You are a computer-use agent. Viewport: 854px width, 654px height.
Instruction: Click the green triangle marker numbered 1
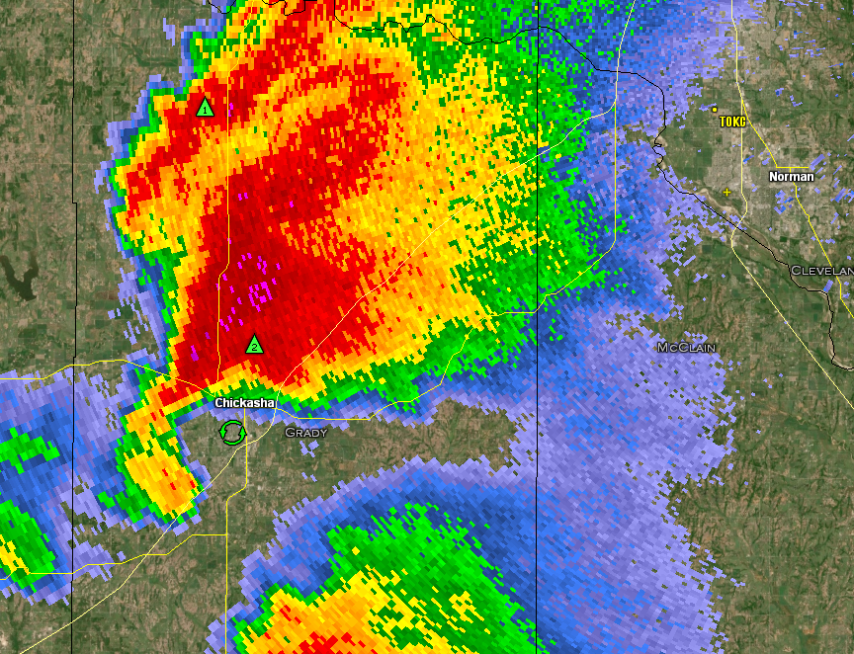pyautogui.click(x=205, y=108)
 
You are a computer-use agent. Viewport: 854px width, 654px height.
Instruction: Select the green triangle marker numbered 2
pyautogui.click(x=254, y=345)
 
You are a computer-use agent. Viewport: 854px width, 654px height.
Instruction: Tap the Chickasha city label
pyautogui.click(x=244, y=403)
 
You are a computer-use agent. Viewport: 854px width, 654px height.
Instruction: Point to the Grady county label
pyautogui.click(x=305, y=433)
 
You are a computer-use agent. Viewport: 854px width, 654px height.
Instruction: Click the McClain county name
pyautogui.click(x=687, y=348)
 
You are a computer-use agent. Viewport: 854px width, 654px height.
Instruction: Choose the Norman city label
pyautogui.click(x=792, y=177)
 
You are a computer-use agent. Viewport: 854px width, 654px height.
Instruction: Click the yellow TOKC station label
pyautogui.click(x=732, y=122)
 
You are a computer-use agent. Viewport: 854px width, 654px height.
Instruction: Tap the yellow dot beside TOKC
pyautogui.click(x=715, y=110)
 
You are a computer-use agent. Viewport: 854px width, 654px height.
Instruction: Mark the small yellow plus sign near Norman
pyautogui.click(x=727, y=192)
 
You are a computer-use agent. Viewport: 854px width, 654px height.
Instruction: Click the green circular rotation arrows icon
pyautogui.click(x=231, y=432)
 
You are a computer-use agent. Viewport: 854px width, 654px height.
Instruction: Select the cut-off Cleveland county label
pyautogui.click(x=821, y=271)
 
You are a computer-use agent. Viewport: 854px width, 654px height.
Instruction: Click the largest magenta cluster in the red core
pyautogui.click(x=261, y=292)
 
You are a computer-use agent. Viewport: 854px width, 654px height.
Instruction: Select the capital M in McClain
pyautogui.click(x=663, y=348)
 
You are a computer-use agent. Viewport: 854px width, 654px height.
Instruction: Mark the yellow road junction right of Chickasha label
pyautogui.click(x=278, y=386)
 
